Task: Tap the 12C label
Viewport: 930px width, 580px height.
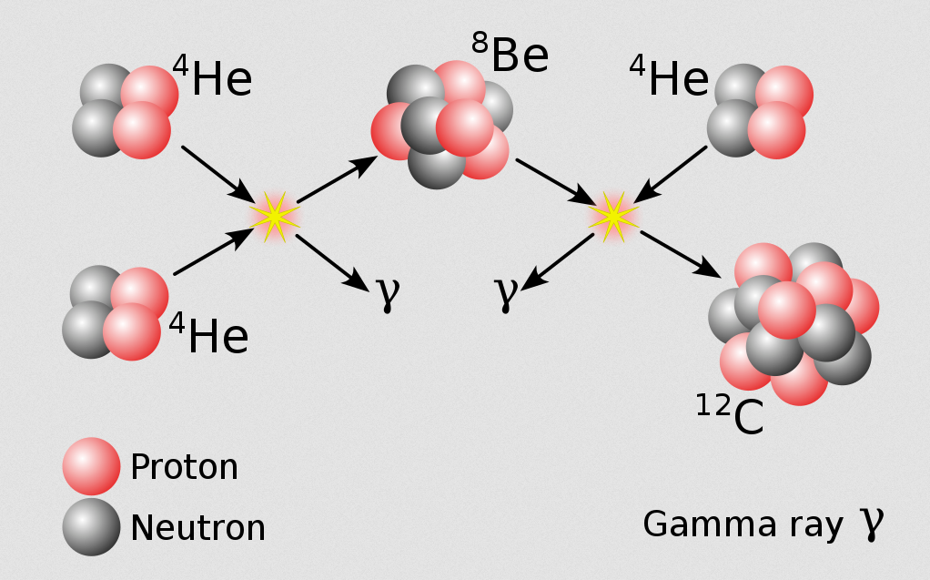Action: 730,414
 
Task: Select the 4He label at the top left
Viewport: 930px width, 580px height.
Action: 212,76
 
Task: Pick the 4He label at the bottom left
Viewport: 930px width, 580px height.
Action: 208,333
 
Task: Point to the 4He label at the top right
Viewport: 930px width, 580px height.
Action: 669,76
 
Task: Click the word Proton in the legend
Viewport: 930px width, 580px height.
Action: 184,466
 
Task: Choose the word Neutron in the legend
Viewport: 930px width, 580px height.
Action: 197,528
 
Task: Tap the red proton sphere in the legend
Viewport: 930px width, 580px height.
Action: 91,466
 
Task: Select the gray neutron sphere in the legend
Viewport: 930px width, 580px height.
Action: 91,527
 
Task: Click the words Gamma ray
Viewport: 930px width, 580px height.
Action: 743,524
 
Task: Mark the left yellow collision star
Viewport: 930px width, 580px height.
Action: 275,217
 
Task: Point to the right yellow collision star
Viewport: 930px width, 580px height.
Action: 613,217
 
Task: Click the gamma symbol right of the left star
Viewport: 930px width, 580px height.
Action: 388,293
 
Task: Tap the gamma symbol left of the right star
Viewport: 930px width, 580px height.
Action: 507,293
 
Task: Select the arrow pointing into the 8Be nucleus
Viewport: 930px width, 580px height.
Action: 338,179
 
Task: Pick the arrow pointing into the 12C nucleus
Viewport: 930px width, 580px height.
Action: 681,255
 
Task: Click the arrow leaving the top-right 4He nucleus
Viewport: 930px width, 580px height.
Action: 671,175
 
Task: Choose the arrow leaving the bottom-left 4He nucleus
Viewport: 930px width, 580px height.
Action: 214,251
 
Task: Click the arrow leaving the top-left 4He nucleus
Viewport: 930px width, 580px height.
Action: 218,174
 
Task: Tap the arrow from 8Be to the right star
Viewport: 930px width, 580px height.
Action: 556,182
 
